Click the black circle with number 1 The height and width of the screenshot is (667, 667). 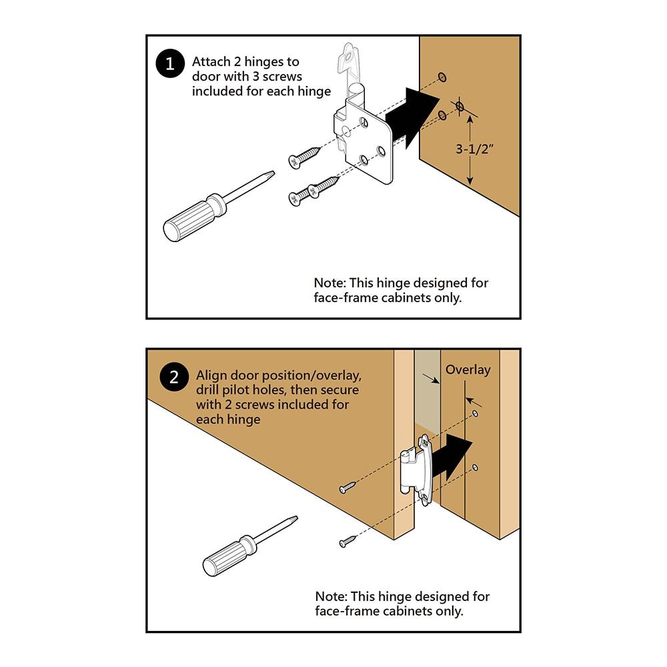coord(169,64)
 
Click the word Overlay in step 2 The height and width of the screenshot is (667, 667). coord(468,370)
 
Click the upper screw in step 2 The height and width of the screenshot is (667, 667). coord(348,488)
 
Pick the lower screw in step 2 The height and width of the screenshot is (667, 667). coord(348,542)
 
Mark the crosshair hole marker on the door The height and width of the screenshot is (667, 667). coord(459,106)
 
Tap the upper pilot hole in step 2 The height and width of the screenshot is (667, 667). coord(475,414)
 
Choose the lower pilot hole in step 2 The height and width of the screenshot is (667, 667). coord(475,468)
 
